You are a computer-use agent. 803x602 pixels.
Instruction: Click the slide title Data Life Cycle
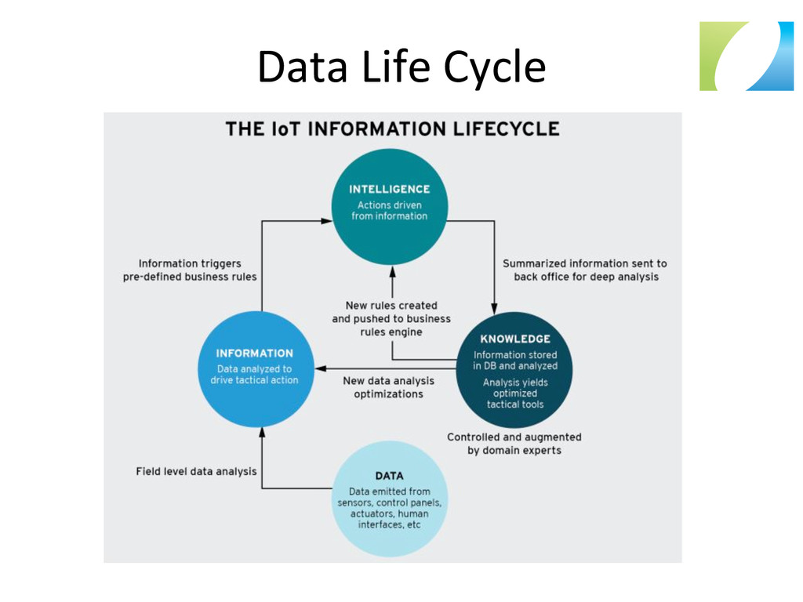401,67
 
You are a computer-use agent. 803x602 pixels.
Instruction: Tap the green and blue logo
746,56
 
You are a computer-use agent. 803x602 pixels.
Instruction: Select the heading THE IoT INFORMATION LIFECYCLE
392,129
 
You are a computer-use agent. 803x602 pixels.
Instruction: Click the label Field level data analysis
196,472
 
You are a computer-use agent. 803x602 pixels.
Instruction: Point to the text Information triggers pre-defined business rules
190,270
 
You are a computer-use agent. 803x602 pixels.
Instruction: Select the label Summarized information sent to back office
585,270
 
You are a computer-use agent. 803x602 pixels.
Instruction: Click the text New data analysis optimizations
388,387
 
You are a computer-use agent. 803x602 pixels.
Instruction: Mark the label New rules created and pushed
391,318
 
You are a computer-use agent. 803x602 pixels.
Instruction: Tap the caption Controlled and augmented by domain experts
514,444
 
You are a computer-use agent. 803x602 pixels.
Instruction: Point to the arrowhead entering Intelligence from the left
327,221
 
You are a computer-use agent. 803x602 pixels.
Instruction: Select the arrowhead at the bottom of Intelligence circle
392,271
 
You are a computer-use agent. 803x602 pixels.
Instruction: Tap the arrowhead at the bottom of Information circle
262,431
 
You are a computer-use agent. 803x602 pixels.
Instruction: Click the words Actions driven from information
389,211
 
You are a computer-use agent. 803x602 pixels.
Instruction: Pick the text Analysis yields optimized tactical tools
514,393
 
